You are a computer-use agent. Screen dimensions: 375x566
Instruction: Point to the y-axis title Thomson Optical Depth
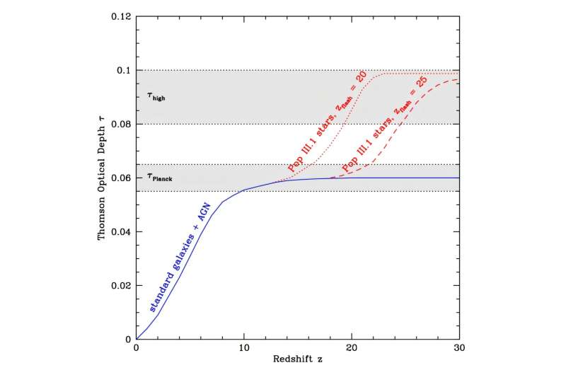(102, 178)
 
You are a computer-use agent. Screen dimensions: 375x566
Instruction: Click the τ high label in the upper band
(156, 98)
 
